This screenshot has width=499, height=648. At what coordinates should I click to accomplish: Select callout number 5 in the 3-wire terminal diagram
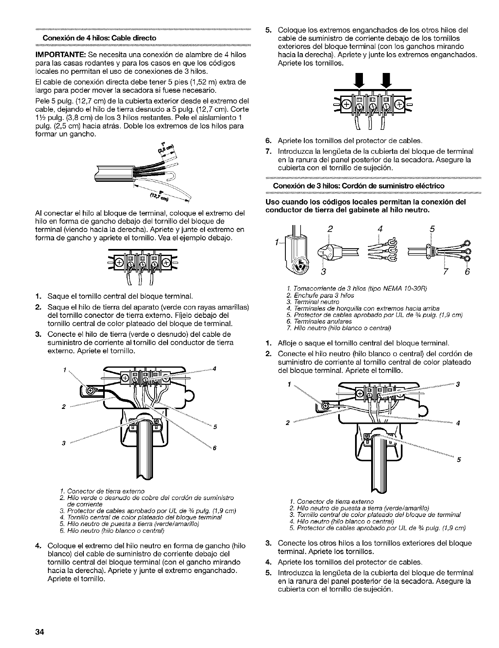click(458, 460)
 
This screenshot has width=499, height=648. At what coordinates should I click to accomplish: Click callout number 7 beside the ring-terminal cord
click(446, 272)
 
